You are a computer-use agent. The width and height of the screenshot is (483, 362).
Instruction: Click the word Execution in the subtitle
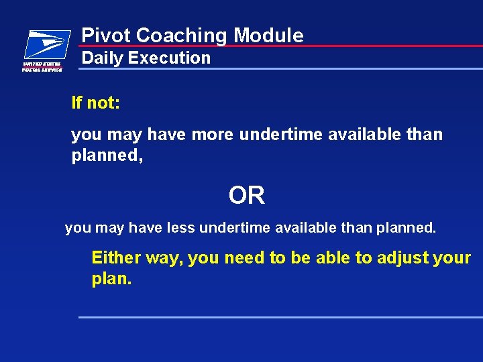coord(169,58)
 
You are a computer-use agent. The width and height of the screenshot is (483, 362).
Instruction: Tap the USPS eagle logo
coord(46,44)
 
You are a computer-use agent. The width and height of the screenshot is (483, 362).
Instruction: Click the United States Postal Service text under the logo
coord(42,66)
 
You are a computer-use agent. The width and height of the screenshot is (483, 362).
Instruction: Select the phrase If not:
coord(96,103)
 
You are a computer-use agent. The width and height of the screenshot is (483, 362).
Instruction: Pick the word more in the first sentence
coord(212,135)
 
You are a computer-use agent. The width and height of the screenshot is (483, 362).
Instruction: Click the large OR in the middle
coord(246,196)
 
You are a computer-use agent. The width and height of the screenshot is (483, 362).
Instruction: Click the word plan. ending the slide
coord(111,279)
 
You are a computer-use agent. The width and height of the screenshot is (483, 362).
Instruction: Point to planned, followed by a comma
coord(107,156)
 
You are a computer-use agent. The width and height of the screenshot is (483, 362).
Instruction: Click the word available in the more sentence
coord(358,135)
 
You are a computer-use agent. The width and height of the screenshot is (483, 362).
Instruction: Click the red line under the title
coord(335,46)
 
